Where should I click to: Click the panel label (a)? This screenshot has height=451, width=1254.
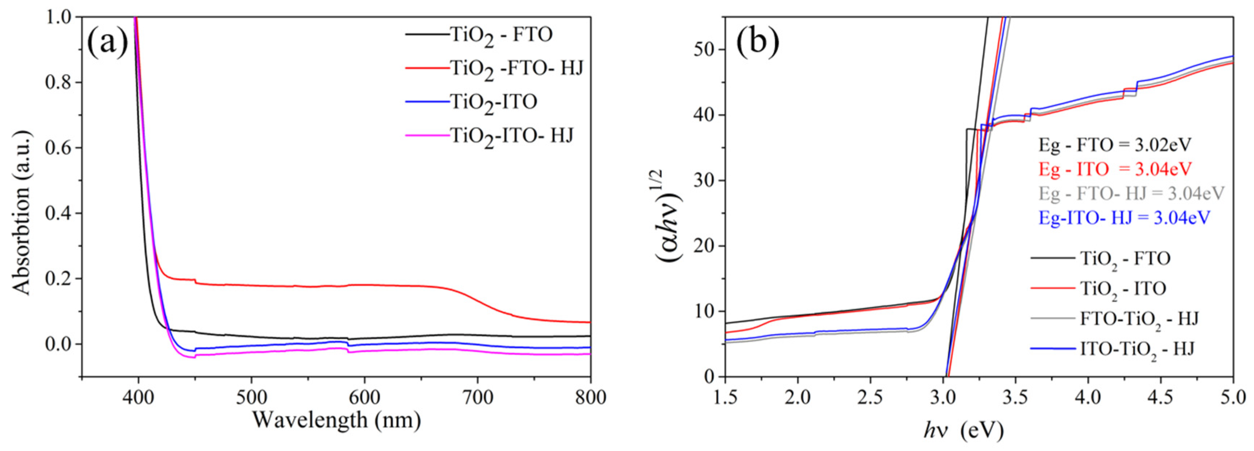coord(107,42)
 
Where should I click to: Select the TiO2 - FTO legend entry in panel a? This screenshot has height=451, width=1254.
coord(501,35)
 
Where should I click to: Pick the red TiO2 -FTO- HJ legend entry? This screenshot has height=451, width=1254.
coord(516,69)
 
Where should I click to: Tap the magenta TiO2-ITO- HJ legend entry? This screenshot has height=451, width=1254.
coord(511,135)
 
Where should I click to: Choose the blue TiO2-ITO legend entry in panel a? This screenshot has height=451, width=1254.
coord(493,102)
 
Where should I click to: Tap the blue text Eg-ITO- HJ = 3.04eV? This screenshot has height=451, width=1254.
coord(1123,218)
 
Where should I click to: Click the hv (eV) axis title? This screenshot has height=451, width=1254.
coord(963,430)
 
